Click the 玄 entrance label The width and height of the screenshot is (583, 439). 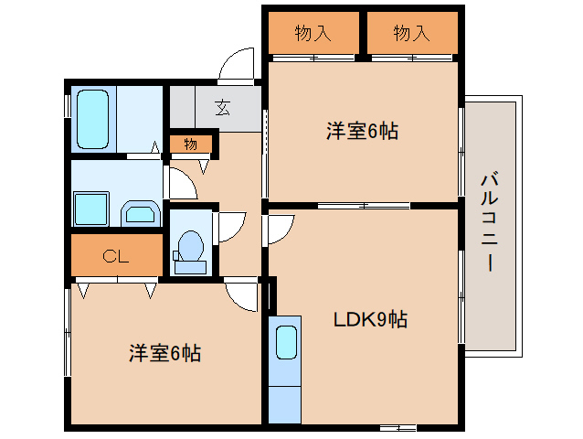coord(223,107)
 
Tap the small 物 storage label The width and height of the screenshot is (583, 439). coord(190,144)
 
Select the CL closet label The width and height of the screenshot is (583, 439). coord(116,256)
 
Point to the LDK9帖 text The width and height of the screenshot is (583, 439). coord(369,320)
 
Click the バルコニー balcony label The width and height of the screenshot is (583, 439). coord(490,220)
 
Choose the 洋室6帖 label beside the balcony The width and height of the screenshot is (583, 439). coord(362,131)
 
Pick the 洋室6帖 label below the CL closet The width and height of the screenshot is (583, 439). coord(164,352)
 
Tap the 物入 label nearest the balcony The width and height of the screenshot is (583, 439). coord(411,34)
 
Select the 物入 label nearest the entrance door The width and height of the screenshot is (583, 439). coord(313,34)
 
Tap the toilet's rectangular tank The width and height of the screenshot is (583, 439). coord(190,266)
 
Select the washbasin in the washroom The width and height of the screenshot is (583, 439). coord(140,215)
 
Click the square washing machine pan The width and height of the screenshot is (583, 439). coord(91,209)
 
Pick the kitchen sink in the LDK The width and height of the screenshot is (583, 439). coord(286,344)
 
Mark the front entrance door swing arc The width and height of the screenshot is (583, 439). coord(238,65)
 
